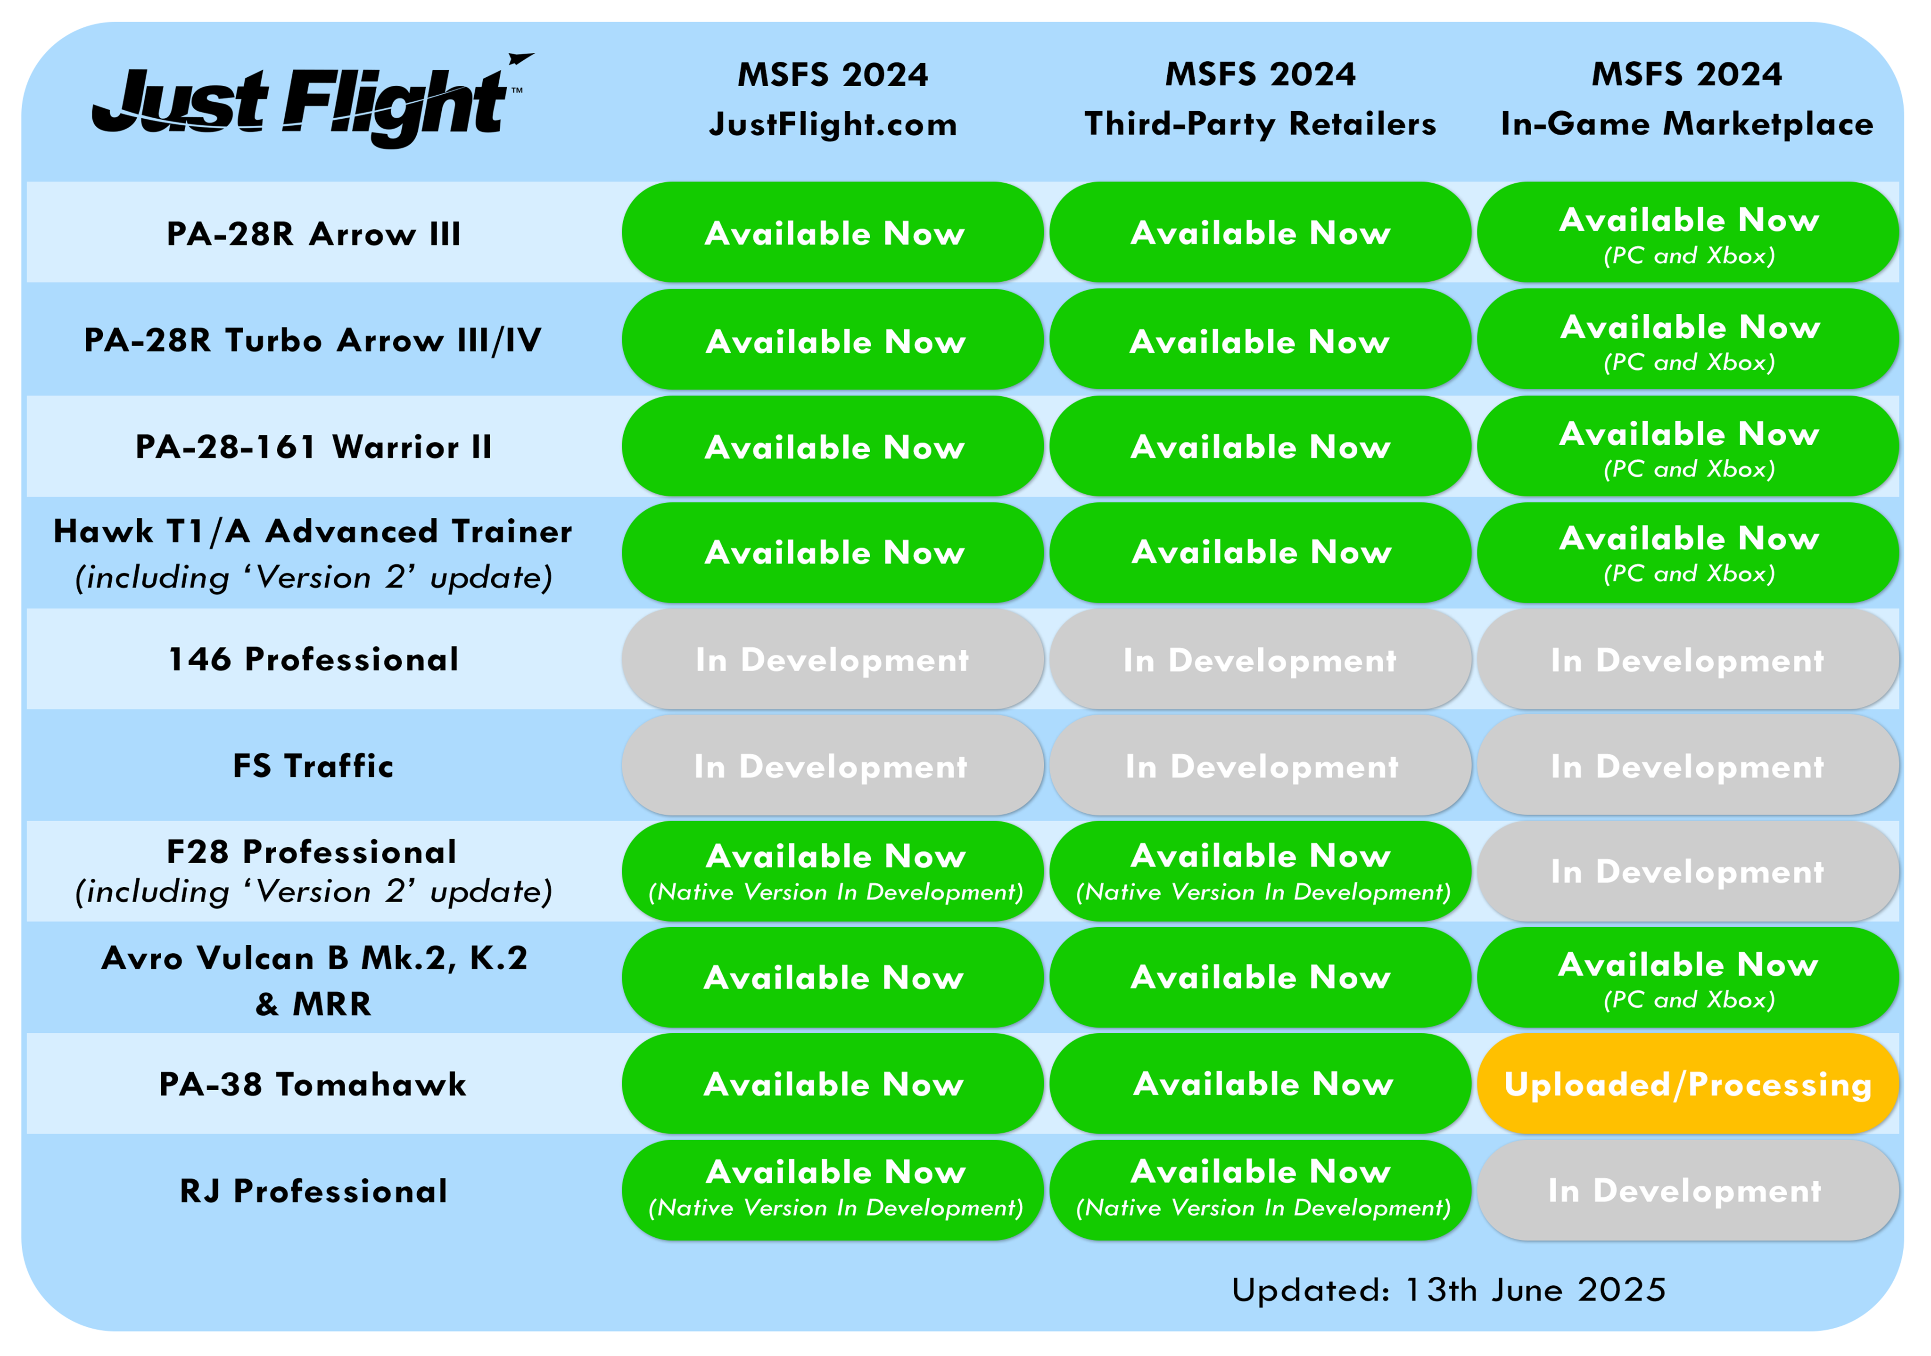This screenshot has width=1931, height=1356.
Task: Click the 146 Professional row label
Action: click(314, 659)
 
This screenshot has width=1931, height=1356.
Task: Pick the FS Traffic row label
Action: click(314, 766)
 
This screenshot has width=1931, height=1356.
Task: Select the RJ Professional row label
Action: click(314, 1191)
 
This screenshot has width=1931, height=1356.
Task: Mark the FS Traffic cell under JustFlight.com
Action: click(833, 765)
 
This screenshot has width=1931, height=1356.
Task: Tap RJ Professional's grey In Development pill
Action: click(1688, 1191)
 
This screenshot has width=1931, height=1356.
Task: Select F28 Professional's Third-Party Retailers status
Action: click(1261, 872)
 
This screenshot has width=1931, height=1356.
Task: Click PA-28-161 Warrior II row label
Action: click(314, 446)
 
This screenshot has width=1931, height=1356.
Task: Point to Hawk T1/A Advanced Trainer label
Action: click(313, 553)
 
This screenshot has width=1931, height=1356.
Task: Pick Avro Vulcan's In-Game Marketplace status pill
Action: click(1688, 978)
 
